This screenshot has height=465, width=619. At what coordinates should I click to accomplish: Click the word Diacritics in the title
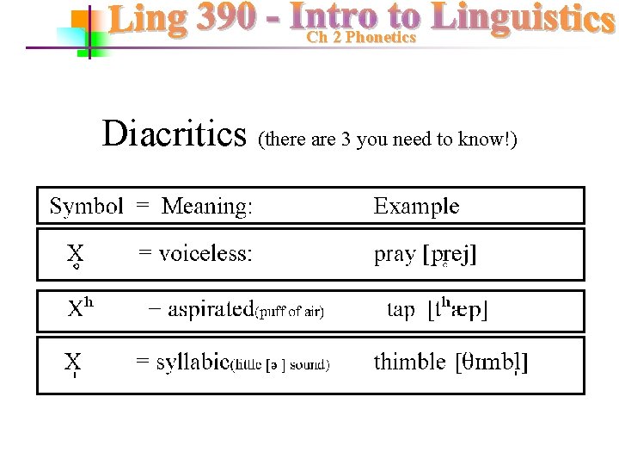click(175, 134)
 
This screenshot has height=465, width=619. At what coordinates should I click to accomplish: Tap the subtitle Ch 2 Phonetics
click(361, 38)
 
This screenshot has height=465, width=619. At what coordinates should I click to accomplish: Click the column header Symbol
click(86, 207)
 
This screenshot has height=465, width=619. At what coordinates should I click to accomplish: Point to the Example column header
click(416, 207)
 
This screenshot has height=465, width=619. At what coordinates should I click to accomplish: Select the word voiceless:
click(205, 255)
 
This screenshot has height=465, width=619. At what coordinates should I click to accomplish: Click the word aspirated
click(211, 310)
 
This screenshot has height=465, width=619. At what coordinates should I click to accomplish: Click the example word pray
click(395, 256)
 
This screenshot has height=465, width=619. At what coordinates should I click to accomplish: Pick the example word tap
click(401, 310)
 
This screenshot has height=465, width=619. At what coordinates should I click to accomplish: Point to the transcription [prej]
click(450, 256)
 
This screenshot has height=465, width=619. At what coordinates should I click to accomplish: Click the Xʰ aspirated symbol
click(81, 308)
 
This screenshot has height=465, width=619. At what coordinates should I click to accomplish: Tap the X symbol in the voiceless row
click(76, 254)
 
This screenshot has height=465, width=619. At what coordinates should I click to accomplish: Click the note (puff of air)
click(290, 313)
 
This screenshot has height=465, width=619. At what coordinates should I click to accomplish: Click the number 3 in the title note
click(346, 139)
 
